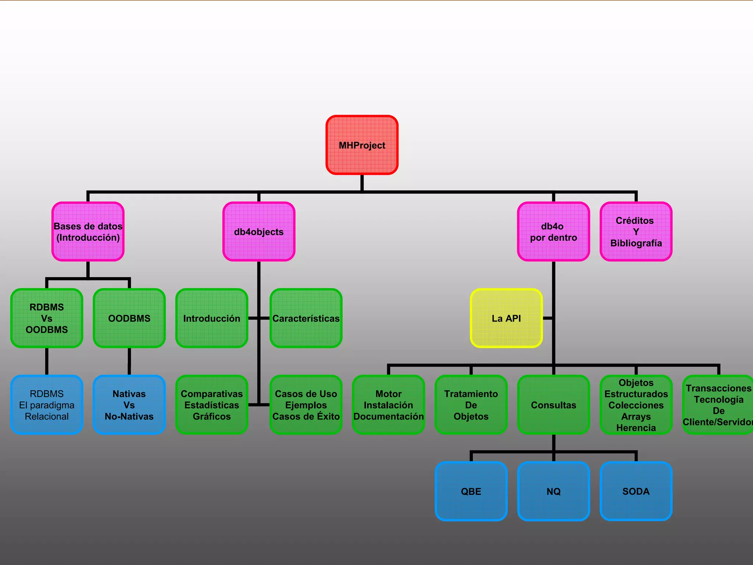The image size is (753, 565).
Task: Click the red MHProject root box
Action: pos(362,145)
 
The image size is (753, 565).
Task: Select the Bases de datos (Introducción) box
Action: pos(88,232)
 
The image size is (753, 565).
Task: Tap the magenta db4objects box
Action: pos(259,232)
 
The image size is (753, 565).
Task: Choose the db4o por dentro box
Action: pos(553,232)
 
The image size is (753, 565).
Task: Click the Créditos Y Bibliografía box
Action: pos(636,232)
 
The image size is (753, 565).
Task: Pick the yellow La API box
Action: pos(506,318)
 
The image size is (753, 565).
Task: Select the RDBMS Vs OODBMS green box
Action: pos(47,318)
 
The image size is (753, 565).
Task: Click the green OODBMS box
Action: pos(129,318)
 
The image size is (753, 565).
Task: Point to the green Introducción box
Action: pos(212,318)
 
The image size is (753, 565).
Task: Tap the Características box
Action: pos(306,318)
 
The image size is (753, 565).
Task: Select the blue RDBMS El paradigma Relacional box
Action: pos(47,405)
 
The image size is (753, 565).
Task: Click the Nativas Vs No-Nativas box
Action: pos(129,405)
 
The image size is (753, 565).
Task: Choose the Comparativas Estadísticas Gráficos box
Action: pos(212,405)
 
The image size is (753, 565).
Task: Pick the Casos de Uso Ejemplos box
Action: pos(306,405)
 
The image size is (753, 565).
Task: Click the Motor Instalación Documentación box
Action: pos(389,405)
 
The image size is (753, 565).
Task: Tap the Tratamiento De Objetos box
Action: pos(471,405)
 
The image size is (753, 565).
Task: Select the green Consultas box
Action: pos(553,405)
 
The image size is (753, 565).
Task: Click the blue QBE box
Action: pos(471,491)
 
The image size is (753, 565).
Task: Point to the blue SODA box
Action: pos(636,491)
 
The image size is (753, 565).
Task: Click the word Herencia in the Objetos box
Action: pos(636,428)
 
